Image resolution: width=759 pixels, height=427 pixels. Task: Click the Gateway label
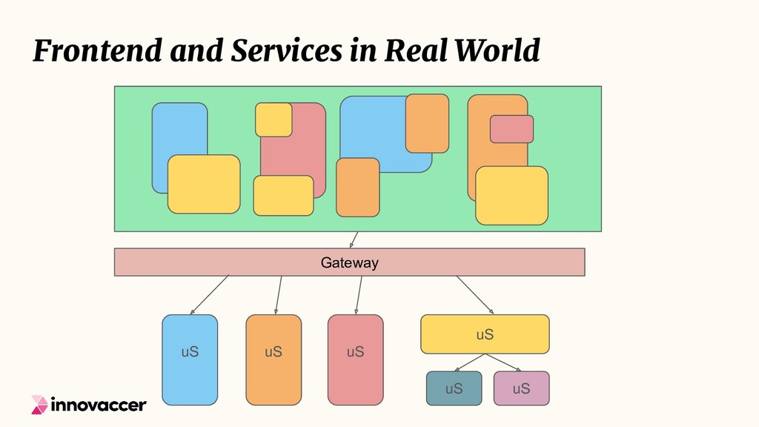(x=349, y=262)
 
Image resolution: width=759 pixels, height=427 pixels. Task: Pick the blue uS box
(x=190, y=360)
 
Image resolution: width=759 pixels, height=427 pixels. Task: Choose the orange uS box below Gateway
(x=274, y=360)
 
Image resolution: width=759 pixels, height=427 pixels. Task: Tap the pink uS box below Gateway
(x=355, y=360)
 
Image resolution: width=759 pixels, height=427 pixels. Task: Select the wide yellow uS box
(x=485, y=334)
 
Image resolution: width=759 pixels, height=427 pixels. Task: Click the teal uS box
(x=454, y=388)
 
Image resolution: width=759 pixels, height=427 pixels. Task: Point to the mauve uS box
(x=521, y=388)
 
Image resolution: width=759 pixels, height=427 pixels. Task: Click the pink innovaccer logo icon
(x=39, y=404)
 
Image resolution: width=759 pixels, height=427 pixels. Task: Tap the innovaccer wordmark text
(x=99, y=405)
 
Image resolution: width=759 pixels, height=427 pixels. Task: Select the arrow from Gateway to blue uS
(x=209, y=294)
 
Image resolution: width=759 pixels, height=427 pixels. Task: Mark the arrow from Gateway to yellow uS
(x=475, y=294)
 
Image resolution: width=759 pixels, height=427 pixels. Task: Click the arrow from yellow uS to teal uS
(x=469, y=362)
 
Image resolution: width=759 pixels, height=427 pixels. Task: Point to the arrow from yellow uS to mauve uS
(x=503, y=362)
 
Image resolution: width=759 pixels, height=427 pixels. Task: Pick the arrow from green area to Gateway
(x=354, y=239)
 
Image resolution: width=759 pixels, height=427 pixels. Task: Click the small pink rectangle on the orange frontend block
(x=511, y=129)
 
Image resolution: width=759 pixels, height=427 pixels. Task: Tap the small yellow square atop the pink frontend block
(x=274, y=119)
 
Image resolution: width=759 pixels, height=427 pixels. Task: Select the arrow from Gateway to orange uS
(x=279, y=294)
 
